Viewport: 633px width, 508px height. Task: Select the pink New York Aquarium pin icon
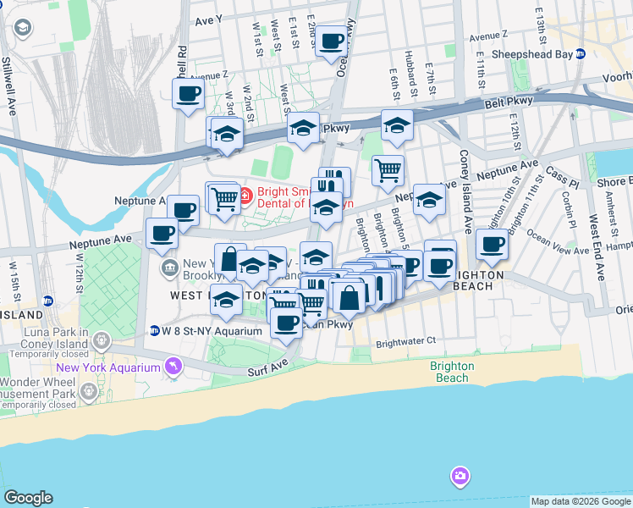[174, 366]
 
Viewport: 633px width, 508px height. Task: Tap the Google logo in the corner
[28, 498]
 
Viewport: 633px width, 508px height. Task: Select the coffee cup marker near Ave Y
[332, 40]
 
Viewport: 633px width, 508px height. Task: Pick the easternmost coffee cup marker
[492, 245]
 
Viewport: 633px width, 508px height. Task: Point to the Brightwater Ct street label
[405, 341]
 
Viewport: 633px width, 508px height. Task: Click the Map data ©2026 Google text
[580, 501]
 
